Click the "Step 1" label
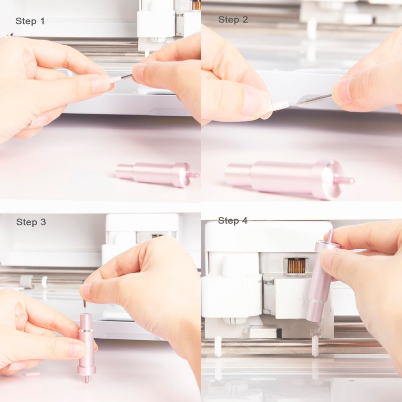coord(30,21)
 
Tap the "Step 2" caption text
coord(233,20)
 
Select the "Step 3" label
coord(31,222)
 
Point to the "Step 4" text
coord(233,221)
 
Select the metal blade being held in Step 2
coord(314,98)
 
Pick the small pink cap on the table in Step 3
coord(32,374)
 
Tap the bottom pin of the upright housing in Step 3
coord(86,378)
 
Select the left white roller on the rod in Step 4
coord(218,346)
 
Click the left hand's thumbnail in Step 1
coord(100,84)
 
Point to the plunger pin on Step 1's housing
coord(193,175)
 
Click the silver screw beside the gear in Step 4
coord(270,282)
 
